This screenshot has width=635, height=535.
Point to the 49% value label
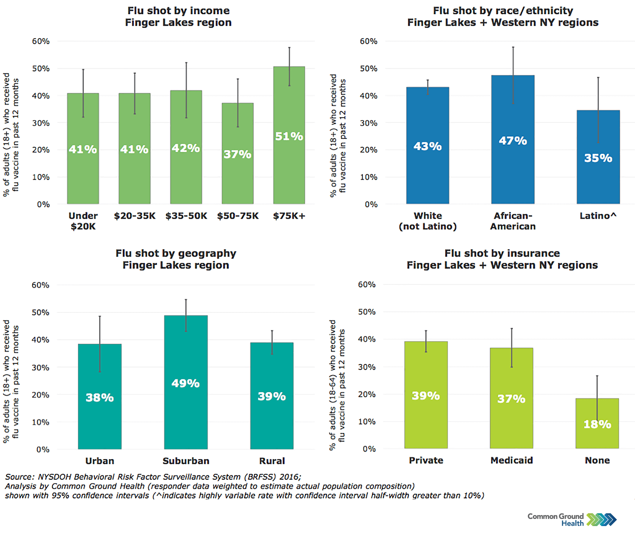tap(185, 383)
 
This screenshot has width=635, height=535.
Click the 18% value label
tap(597, 424)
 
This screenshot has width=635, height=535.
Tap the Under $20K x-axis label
tap(83, 221)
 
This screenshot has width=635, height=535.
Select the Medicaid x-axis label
tap(512, 461)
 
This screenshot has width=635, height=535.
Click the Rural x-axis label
tap(272, 461)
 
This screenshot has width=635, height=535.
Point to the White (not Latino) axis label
tap(428, 221)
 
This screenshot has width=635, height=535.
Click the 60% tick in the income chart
tap(41, 41)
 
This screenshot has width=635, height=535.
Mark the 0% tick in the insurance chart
tap(369, 449)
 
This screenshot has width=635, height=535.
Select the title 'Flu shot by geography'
tap(176, 253)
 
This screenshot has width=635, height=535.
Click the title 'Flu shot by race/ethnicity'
tap(503, 11)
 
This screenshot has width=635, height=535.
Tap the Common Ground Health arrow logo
tap(601, 520)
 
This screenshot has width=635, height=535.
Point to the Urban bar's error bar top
tap(100, 316)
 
